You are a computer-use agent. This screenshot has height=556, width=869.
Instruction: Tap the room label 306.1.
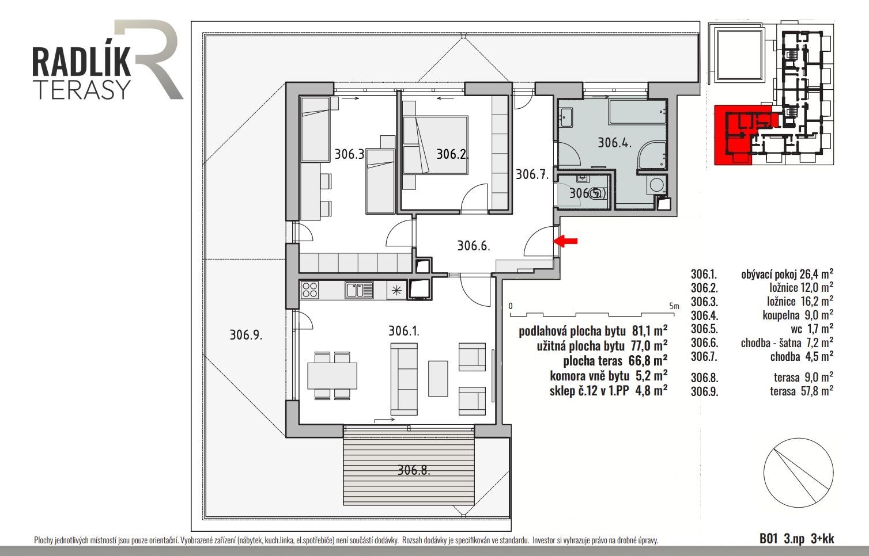[x=403, y=331]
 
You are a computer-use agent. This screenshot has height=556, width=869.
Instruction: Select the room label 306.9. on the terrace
[x=246, y=334]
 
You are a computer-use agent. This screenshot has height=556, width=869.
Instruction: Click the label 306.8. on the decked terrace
[x=414, y=470]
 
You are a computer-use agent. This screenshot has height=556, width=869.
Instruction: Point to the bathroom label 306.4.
[x=614, y=142]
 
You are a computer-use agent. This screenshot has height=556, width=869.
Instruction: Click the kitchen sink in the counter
[x=360, y=290]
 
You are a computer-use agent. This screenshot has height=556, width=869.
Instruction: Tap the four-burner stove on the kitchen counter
[x=310, y=290]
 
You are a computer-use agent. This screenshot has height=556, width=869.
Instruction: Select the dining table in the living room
[x=333, y=375]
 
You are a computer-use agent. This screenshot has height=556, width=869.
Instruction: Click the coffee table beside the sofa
[x=438, y=378]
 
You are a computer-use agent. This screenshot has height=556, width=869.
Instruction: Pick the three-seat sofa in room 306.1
[x=404, y=379]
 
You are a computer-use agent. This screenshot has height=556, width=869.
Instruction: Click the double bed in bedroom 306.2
[x=435, y=145]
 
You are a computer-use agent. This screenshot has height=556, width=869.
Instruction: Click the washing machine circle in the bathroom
[x=656, y=184]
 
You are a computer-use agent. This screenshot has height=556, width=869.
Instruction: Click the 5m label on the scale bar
[x=674, y=306]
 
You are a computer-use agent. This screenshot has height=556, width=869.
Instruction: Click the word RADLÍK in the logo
[x=81, y=62]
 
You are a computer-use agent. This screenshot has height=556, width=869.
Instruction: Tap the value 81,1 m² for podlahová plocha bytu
[x=649, y=331]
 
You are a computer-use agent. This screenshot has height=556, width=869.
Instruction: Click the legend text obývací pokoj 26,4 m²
[x=787, y=274]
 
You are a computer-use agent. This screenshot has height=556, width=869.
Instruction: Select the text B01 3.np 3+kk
[x=796, y=539]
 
